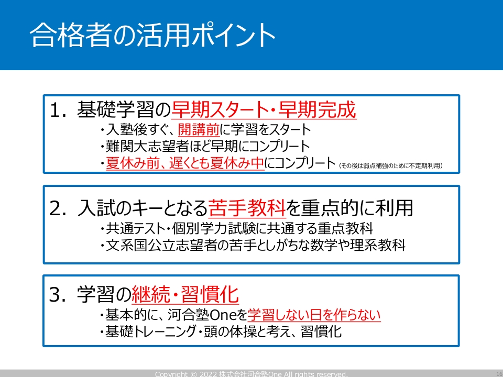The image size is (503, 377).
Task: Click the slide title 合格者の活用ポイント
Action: tap(152, 35)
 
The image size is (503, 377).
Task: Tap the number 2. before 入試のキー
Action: tap(58, 208)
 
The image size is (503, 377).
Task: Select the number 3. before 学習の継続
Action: tap(58, 294)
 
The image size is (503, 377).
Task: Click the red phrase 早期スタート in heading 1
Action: tap(220, 109)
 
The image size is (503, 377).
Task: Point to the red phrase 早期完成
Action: tap(317, 109)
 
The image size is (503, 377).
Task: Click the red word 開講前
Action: tap(199, 129)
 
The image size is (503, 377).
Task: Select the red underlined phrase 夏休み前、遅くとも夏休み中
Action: tap(185, 163)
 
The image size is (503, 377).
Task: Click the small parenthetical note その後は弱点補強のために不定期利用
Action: tap(391, 166)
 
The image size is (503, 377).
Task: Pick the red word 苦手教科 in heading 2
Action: tap(247, 208)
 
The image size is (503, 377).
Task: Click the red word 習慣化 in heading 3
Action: tap(210, 294)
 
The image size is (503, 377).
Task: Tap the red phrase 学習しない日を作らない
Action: tap(314, 315)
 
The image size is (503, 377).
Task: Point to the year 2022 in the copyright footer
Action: tap(208, 374)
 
